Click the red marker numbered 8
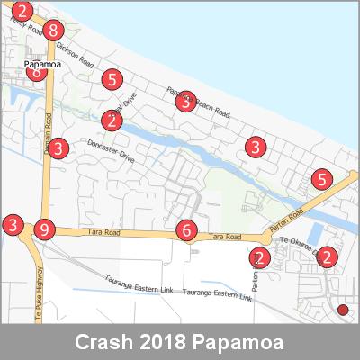coord(54,30)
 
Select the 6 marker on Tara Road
coord(185,230)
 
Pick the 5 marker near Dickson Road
coord(112,80)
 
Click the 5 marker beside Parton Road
coord(321,179)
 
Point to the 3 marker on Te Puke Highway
coord(13,224)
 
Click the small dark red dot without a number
coord(342,310)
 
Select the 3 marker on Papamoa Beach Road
coord(185,102)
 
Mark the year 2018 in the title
coord(168,343)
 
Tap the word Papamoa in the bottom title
coord(244,343)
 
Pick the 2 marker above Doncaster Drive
coord(112,120)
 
